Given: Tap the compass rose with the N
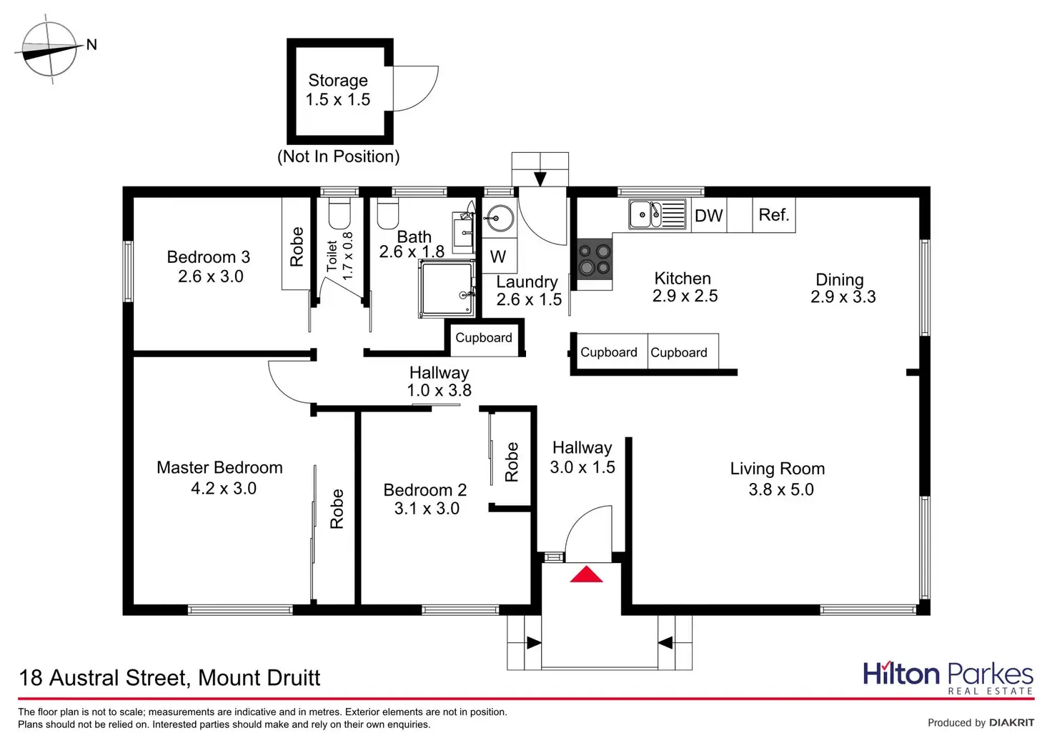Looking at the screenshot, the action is [49, 49].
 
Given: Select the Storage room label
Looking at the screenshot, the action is [338, 81].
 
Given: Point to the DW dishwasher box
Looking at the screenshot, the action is [709, 216].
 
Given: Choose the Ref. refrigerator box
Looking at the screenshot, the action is [774, 215].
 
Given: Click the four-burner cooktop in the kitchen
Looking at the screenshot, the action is [595, 259].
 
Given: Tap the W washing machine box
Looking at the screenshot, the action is [498, 257].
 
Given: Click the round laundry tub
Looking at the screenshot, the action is [499, 219].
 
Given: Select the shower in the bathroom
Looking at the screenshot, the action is [447, 289].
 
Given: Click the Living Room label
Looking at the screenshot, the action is [778, 469].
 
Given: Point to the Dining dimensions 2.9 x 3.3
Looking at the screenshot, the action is [843, 297].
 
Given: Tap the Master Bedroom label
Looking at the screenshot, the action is [219, 468].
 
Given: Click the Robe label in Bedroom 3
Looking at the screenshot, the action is [297, 246].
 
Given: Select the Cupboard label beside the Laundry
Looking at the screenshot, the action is [484, 338].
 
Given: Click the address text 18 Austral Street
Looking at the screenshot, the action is [169, 677].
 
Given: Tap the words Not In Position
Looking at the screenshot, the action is [339, 156].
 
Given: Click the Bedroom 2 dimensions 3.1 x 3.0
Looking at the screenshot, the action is [427, 509].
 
